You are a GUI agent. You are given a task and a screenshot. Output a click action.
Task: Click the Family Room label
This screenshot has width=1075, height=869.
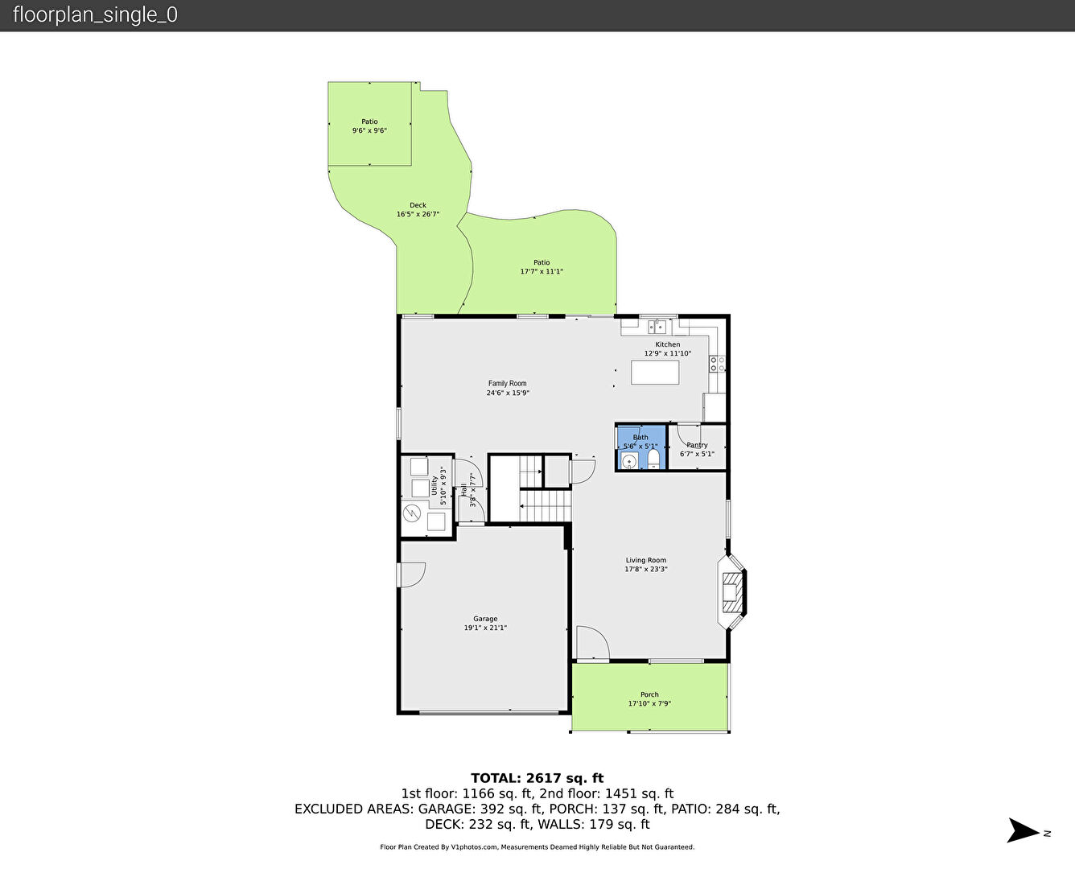tap(507, 384)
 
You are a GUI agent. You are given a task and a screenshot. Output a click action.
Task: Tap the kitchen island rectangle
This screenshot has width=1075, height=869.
tap(655, 373)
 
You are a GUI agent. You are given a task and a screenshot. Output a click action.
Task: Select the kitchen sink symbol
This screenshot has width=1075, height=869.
tap(657, 327)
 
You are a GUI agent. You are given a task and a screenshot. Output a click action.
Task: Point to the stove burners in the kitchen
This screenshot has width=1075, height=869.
tap(717, 364)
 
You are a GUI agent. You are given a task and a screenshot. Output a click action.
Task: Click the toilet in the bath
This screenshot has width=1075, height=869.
tap(653, 460)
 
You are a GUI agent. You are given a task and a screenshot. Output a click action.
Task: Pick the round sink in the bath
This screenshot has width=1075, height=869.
tap(629, 461)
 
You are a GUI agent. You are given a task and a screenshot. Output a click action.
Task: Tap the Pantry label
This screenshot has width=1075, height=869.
tap(697, 445)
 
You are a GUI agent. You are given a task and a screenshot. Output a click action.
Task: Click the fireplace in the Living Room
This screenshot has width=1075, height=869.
tap(732, 592)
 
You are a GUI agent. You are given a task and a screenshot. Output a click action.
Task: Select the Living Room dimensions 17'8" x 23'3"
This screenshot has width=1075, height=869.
tap(646, 569)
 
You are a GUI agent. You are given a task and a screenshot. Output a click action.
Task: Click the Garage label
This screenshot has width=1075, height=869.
tap(485, 619)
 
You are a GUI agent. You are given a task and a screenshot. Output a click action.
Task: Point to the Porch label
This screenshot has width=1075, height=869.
tap(649, 694)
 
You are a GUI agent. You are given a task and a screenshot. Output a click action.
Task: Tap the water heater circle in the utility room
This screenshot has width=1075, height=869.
tap(412, 513)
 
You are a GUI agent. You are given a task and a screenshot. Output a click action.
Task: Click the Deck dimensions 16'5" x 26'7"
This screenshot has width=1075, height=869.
tap(418, 214)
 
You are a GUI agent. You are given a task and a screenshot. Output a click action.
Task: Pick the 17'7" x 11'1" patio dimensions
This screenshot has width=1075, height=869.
tap(542, 271)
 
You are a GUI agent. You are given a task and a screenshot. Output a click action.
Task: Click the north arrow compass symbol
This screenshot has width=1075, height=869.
tap(1024, 830)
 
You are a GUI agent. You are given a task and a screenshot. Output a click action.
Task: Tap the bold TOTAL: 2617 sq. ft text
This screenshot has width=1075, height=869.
tap(537, 778)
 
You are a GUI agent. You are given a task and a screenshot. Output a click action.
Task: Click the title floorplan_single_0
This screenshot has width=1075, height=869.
tap(96, 15)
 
